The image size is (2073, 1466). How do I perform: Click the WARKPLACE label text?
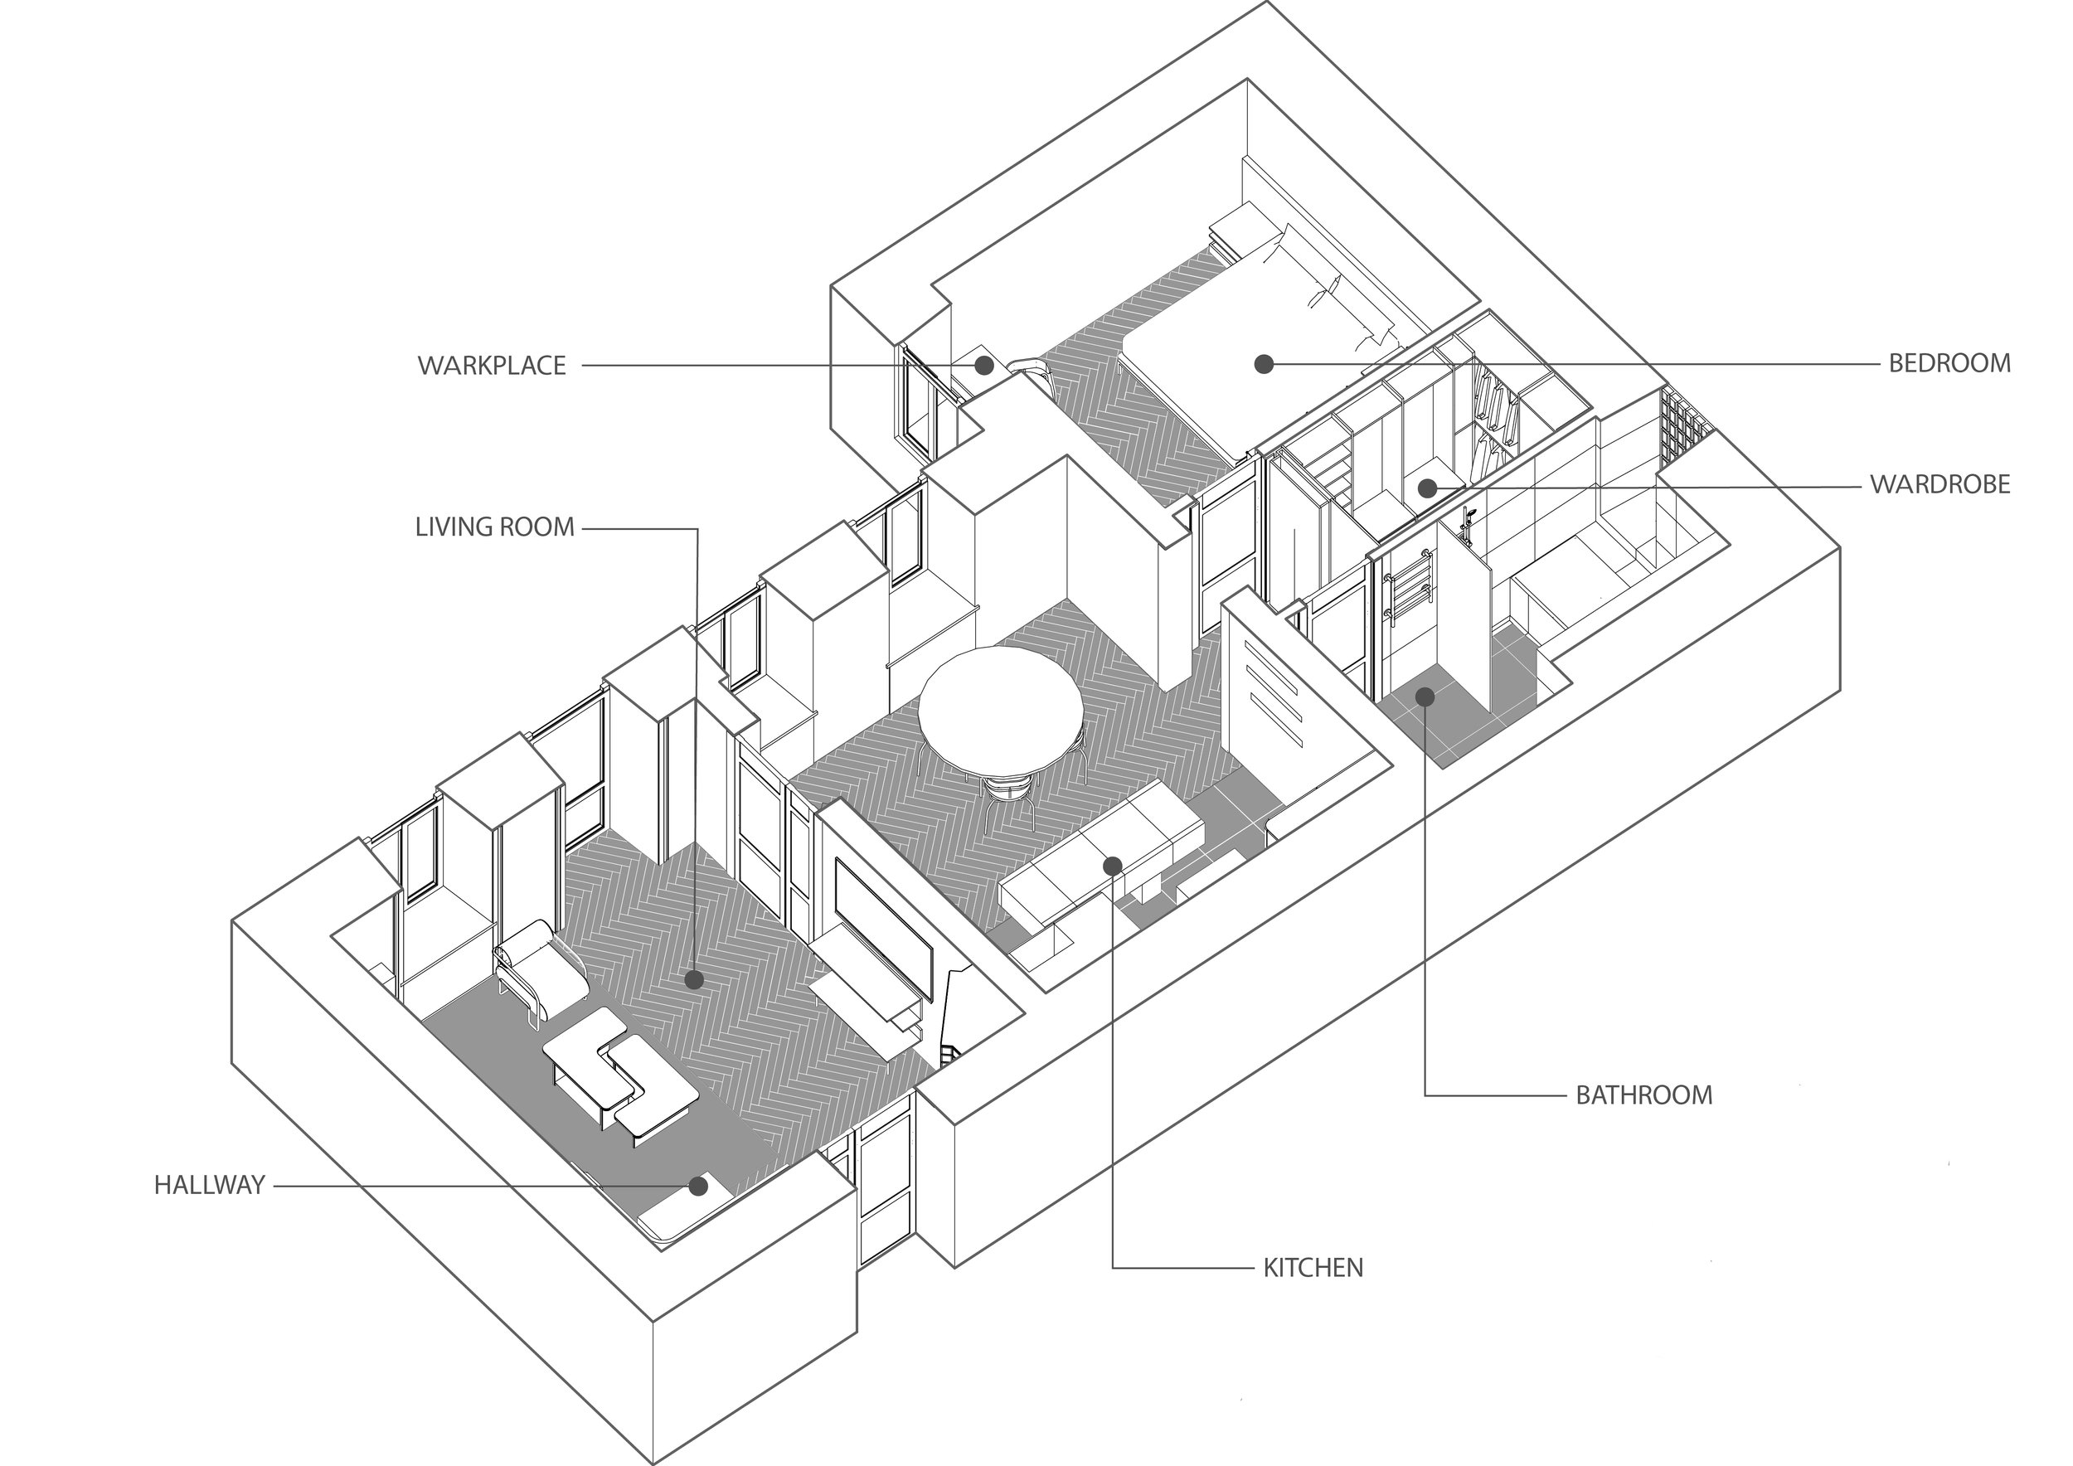click(491, 366)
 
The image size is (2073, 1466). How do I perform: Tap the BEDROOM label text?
click(1949, 363)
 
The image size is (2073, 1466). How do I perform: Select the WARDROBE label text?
click(1939, 485)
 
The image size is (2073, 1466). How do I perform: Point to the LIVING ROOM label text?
click(494, 527)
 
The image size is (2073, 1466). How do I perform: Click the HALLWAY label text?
click(209, 1185)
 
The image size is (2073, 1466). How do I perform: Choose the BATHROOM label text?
click(1643, 1095)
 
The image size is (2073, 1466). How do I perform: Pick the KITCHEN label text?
click(1312, 1269)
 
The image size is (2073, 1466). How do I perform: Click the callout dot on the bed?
click(1264, 364)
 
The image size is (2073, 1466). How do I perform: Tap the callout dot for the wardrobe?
click(1426, 488)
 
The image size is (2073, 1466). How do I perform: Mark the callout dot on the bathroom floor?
click(1425, 697)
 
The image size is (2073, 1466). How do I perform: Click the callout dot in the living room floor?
click(693, 979)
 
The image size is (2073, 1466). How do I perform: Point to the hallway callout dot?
click(698, 1187)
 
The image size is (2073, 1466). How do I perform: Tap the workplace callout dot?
click(984, 366)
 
